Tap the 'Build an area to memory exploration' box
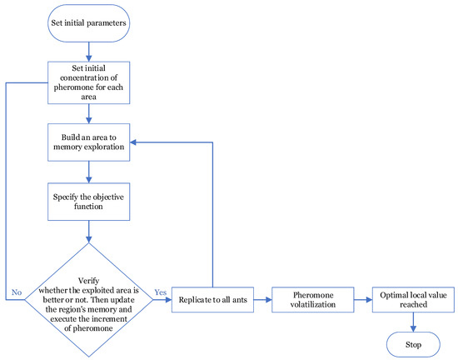(x=89, y=142)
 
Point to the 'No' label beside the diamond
(x=16, y=292)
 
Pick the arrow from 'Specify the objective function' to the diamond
(x=89, y=232)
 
